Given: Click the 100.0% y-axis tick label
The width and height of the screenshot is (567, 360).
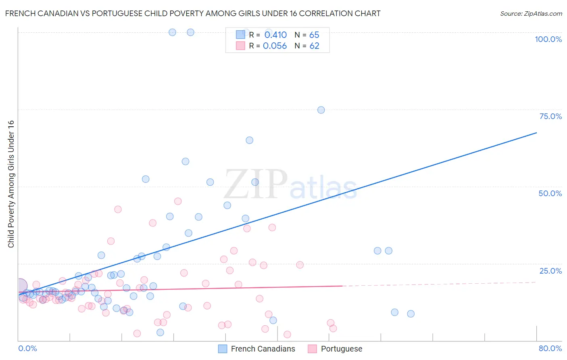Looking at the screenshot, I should pos(548,39).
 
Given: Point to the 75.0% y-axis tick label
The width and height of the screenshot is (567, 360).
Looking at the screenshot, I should pos(550,116).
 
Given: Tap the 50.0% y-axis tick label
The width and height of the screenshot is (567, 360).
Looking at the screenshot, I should pos(550,193).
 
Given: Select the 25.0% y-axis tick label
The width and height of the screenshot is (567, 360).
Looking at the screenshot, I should pos(550,270).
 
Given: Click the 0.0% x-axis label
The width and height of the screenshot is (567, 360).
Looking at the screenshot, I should pos(27,348).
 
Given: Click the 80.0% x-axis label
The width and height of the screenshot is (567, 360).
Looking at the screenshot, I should pos(550,348).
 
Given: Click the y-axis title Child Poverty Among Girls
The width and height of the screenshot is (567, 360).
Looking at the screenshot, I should pos(11,184).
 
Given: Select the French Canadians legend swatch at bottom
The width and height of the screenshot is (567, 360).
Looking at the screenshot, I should pos(223,349).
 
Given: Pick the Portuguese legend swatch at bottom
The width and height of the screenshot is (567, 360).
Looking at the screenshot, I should pos(312,349).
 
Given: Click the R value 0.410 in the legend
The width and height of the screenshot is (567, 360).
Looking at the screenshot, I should pos(275,35).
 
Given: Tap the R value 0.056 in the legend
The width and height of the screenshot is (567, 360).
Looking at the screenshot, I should pos(275,46).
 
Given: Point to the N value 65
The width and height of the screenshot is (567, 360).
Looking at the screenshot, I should pos(314,35).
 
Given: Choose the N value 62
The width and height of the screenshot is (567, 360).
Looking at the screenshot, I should pos(314,46).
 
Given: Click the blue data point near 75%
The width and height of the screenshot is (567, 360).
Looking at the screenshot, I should pos(321,110).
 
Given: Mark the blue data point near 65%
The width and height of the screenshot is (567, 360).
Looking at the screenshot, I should pos(250,140).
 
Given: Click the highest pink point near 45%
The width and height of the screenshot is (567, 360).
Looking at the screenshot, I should pos(178,201).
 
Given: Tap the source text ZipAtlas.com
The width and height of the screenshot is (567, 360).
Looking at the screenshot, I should pos(531,14).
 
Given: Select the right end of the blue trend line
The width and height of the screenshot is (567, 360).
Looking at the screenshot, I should pos(536,132).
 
